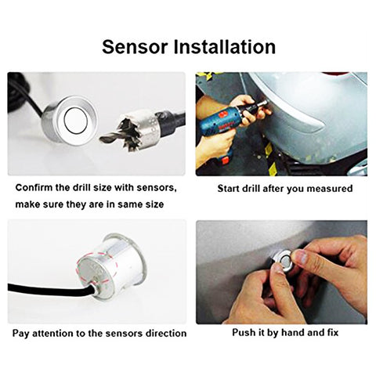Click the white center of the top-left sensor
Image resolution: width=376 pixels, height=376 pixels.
coord(75,120)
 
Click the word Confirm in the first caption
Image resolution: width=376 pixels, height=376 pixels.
coord(38,189)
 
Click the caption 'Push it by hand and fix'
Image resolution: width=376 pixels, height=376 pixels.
coord(283,332)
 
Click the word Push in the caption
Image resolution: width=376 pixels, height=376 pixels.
coord(246,332)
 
